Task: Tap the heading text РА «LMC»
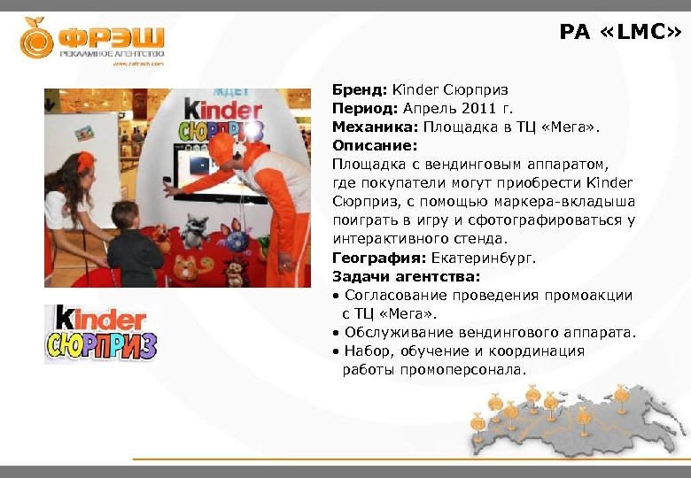coord(620,33)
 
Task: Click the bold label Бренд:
coord(360,90)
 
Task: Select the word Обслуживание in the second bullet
coord(400,332)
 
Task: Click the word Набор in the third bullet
coord(365,351)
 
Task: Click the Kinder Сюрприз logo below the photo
coord(101,334)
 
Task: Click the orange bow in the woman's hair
coord(86,162)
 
